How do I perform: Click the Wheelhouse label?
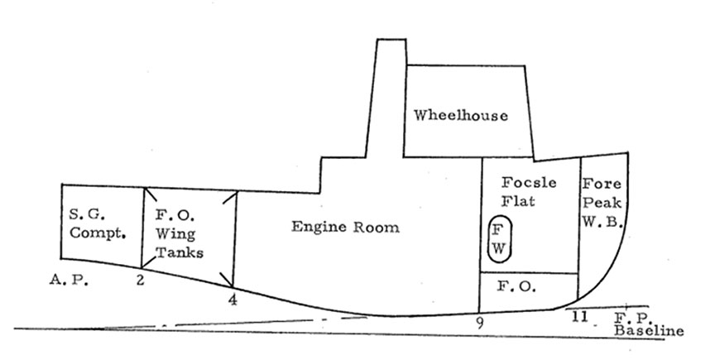(x=461, y=115)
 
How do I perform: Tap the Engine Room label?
(x=344, y=227)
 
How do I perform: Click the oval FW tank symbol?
(x=500, y=239)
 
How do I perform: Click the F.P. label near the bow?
(x=630, y=317)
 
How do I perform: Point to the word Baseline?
(x=649, y=331)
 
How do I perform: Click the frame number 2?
(x=140, y=281)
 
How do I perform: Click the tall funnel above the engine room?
(x=390, y=99)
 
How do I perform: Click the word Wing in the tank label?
(x=175, y=233)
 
